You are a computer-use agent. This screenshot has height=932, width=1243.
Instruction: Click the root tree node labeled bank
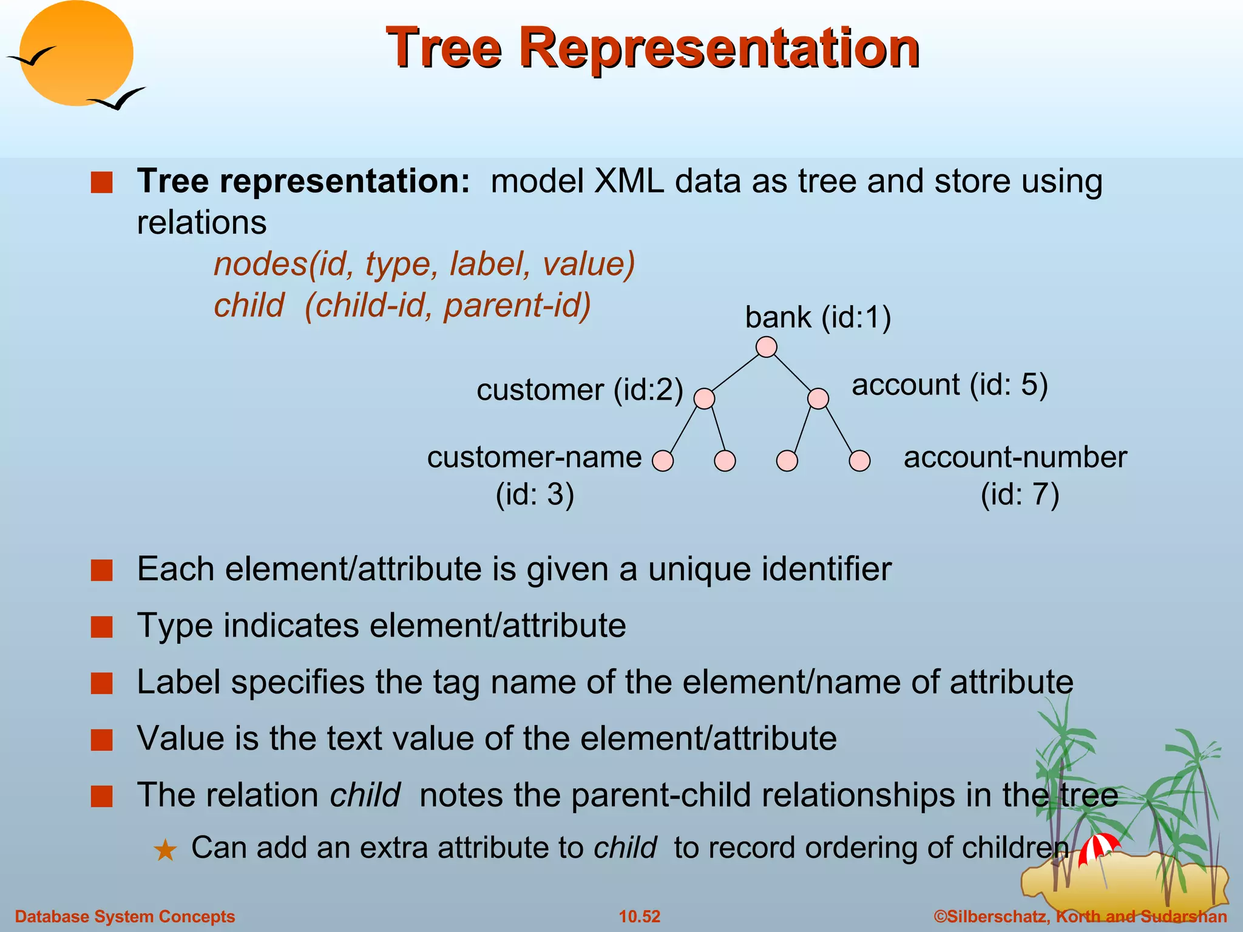pyautogui.click(x=767, y=347)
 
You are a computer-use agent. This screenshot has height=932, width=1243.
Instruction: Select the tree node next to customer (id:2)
pyautogui.click(x=704, y=399)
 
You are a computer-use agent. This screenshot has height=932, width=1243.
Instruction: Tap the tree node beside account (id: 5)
pyautogui.click(x=818, y=399)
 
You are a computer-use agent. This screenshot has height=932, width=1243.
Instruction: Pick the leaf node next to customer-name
pyautogui.click(x=663, y=461)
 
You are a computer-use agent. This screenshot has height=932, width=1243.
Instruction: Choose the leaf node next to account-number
pyautogui.click(x=859, y=461)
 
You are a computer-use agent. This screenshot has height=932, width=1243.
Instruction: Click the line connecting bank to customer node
pyautogui.click(x=735, y=373)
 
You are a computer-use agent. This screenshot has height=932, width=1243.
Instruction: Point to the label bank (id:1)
pyautogui.click(x=818, y=317)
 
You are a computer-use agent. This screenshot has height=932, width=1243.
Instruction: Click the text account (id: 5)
pyautogui.click(x=949, y=385)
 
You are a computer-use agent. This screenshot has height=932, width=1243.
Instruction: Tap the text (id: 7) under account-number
pyautogui.click(x=1020, y=494)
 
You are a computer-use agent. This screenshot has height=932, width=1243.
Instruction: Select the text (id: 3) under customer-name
pyautogui.click(x=535, y=494)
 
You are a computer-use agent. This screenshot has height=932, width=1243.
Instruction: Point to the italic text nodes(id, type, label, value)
pyautogui.click(x=424, y=264)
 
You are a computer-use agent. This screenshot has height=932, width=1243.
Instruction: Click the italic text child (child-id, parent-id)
pyautogui.click(x=402, y=305)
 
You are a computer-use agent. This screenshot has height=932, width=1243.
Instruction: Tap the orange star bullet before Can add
pyautogui.click(x=165, y=850)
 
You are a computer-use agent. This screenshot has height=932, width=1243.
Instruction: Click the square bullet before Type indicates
pyautogui.click(x=102, y=627)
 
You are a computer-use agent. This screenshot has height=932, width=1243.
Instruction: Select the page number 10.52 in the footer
pyautogui.click(x=639, y=916)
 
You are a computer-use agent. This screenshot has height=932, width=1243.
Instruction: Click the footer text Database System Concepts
pyautogui.click(x=125, y=916)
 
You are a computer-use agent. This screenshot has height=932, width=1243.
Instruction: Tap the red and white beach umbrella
pyautogui.click(x=1097, y=847)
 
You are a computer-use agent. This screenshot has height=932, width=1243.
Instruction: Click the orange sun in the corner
pyautogui.click(x=76, y=53)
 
